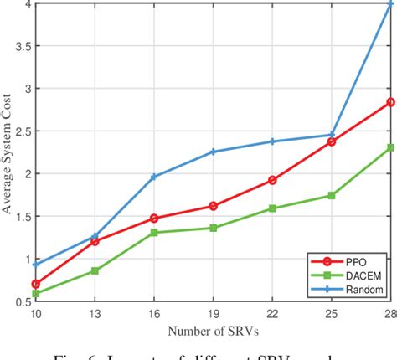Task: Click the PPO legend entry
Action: (357, 262)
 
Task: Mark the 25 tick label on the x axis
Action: (332, 313)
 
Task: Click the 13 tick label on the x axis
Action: (94, 313)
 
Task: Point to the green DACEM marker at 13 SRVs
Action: (94, 270)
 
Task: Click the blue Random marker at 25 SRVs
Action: (332, 135)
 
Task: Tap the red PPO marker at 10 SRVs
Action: (35, 284)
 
